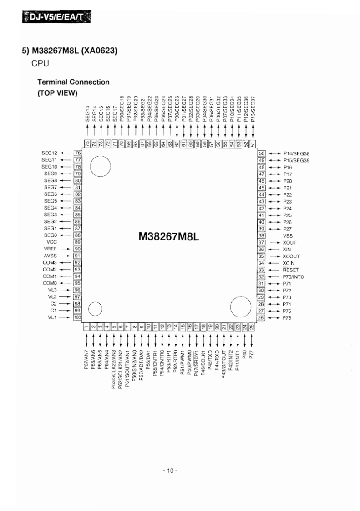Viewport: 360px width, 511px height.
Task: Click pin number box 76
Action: (x=77, y=153)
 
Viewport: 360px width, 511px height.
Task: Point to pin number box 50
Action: (x=261, y=153)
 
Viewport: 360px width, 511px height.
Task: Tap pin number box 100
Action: (x=77, y=317)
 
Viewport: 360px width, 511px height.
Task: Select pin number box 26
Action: (x=261, y=317)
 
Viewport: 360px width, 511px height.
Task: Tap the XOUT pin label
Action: (x=290, y=243)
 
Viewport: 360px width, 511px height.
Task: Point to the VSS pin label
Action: (x=288, y=236)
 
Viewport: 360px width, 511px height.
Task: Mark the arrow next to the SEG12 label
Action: (x=65, y=153)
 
